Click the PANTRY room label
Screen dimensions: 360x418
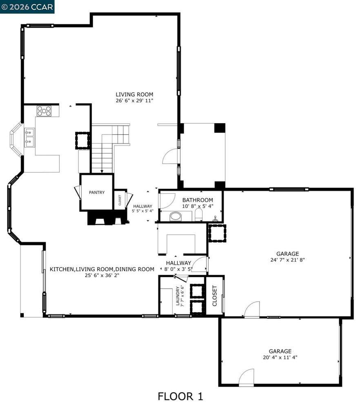97,193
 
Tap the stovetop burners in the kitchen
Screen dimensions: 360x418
44,111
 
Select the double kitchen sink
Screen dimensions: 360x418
29,138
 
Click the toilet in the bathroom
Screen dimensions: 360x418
198,215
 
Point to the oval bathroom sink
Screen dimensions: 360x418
176,216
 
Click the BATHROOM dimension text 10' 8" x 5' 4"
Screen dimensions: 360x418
198,206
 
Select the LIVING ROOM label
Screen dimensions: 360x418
134,94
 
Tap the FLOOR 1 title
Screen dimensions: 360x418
180,396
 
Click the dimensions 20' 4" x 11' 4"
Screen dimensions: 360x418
280,358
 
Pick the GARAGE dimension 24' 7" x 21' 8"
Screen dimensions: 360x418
287,260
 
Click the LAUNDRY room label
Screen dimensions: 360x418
178,296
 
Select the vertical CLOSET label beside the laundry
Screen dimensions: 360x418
215,296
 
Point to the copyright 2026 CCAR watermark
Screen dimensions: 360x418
27,7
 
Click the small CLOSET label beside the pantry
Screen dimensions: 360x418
120,200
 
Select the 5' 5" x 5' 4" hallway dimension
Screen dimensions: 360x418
142,211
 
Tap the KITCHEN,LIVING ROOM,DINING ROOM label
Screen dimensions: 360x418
102,269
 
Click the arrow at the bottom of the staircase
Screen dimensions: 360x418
102,171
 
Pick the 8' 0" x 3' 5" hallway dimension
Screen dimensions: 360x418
178,269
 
